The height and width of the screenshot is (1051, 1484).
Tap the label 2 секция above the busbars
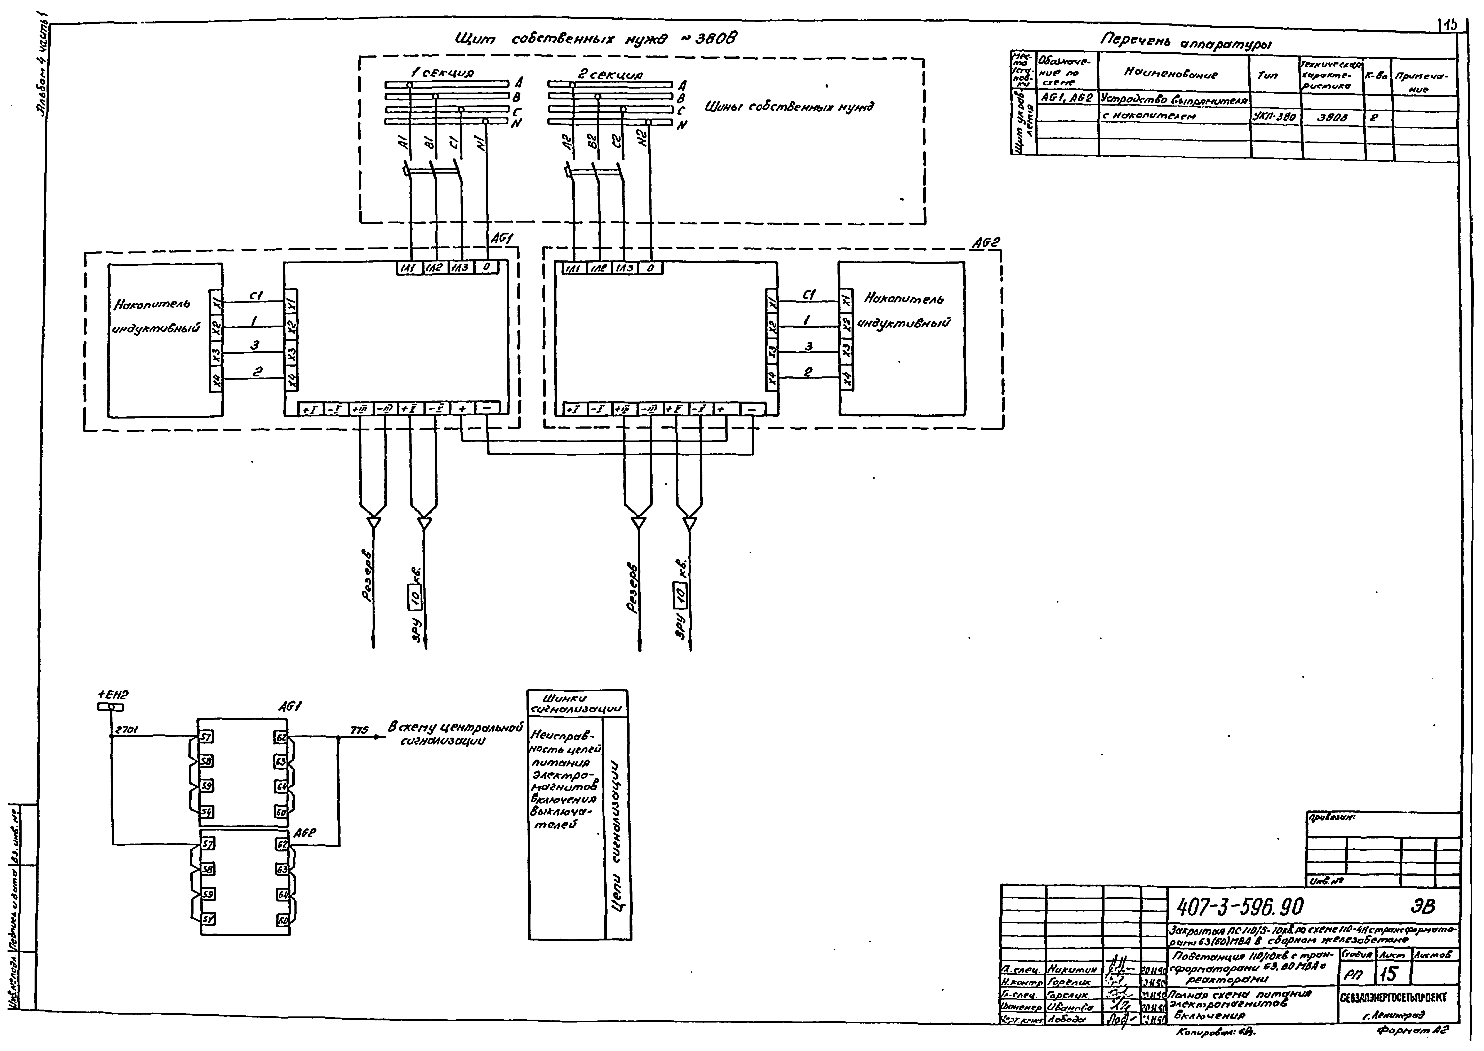[610, 74]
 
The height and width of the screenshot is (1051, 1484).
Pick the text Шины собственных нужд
[788, 107]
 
